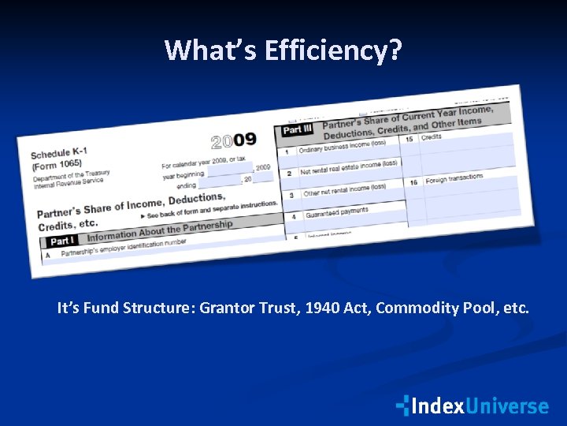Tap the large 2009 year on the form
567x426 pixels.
pyautogui.click(x=234, y=141)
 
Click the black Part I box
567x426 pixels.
pyautogui.click(x=62, y=241)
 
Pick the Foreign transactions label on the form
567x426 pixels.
pyautogui.click(x=454, y=178)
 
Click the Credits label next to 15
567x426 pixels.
pyautogui.click(x=432, y=137)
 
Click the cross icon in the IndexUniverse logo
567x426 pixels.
pyautogui.click(x=403, y=405)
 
